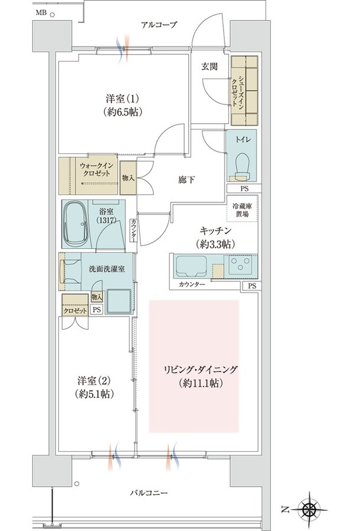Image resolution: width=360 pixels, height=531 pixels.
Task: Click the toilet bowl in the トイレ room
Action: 242,165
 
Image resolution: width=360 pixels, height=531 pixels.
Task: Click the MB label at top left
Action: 41,13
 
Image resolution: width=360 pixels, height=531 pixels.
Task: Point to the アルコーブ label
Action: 159,24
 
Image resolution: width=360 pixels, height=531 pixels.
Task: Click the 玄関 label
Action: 210,66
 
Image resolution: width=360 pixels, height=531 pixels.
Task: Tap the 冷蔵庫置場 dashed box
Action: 242,209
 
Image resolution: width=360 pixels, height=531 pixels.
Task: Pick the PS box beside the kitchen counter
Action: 251,286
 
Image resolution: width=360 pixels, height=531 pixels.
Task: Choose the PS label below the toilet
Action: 244,189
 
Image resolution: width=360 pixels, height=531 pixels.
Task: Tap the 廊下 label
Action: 186,179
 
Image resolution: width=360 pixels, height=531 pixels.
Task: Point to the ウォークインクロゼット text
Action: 97,169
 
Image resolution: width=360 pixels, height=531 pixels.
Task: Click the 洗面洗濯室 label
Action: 107,269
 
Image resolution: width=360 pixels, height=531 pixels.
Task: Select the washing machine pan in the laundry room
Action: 119,301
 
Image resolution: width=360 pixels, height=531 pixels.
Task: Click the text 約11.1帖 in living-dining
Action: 201,383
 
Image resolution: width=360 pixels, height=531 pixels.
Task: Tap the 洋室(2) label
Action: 94,381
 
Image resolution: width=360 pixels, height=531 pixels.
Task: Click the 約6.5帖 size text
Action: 123,112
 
